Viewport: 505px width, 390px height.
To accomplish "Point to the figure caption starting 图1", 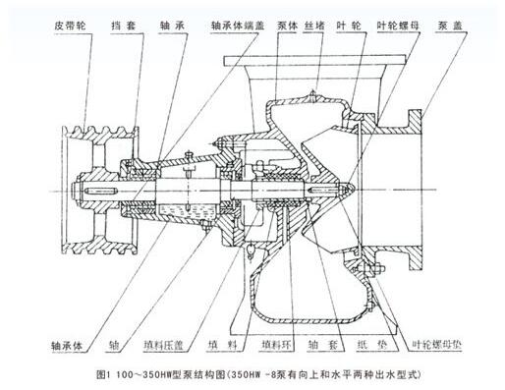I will (x=252, y=375).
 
